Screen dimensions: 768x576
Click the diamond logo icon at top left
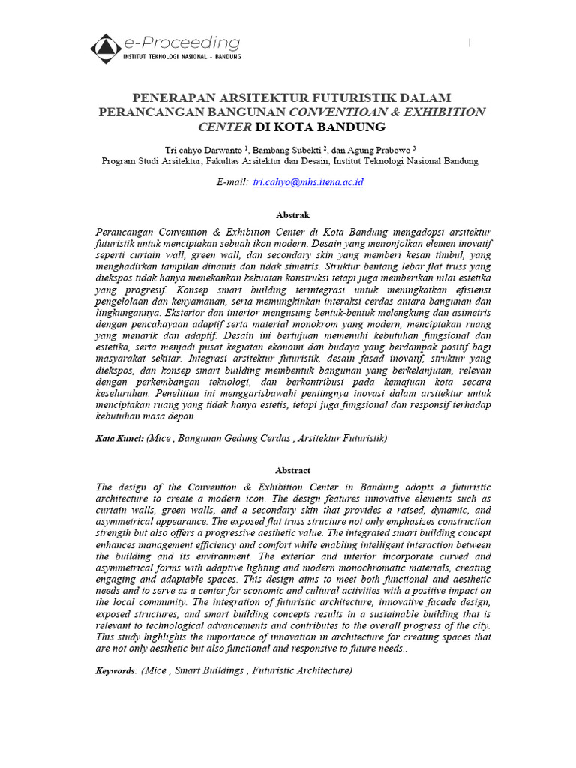106,48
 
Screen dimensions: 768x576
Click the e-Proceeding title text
182,43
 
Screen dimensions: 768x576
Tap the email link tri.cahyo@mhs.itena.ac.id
308,182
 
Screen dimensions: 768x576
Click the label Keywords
116,670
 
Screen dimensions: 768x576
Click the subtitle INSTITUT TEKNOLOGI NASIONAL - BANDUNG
182,58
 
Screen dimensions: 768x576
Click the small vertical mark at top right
469,43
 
